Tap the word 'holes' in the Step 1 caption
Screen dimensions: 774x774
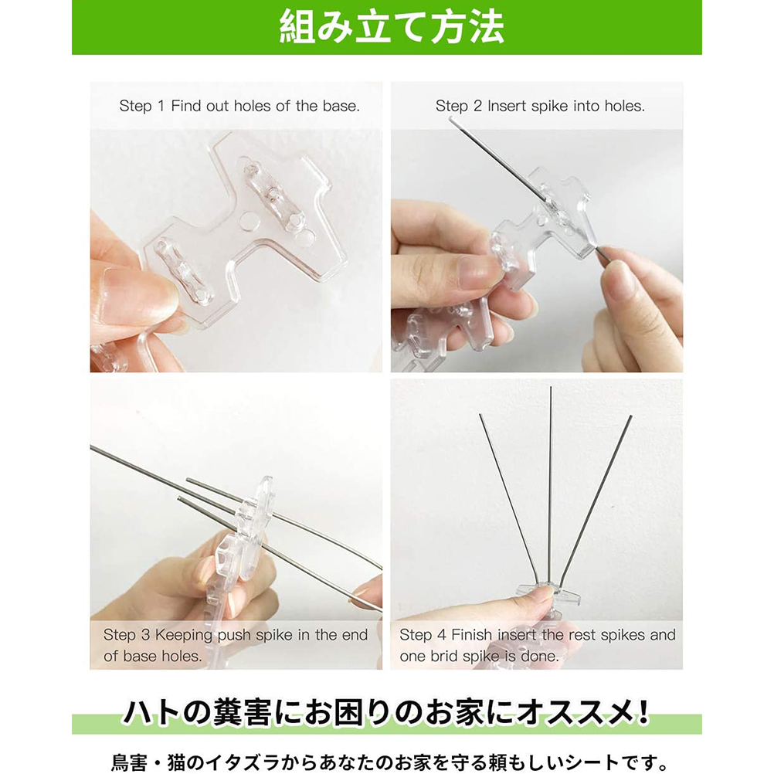251,106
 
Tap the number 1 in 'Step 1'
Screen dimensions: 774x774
161,106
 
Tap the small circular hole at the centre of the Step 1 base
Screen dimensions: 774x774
250,222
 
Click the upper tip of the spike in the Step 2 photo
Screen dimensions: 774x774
450,120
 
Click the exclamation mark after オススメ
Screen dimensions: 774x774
643,713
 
